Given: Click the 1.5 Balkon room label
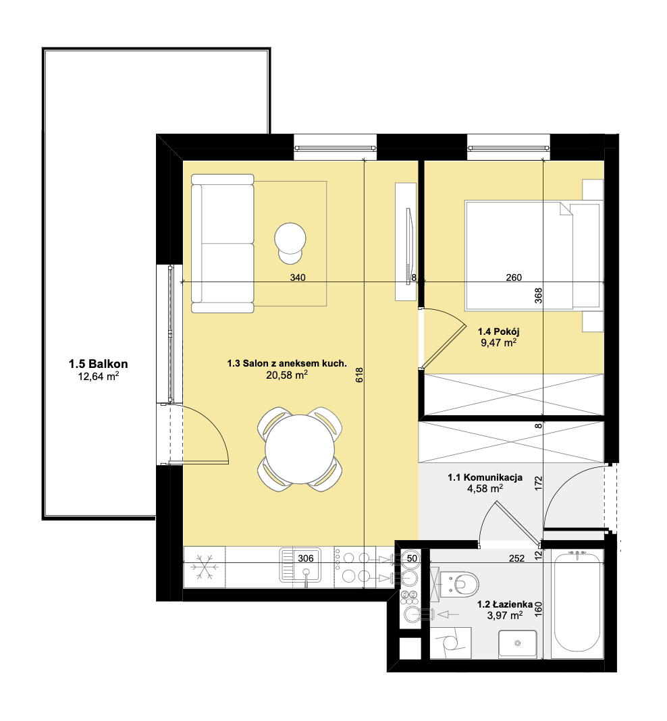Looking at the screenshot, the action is [x=99, y=364].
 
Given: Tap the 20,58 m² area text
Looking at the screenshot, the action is [x=287, y=375].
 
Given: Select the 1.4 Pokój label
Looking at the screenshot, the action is [x=499, y=331].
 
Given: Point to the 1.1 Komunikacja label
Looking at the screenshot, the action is [x=485, y=477].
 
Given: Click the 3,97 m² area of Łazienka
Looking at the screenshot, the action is [x=505, y=615].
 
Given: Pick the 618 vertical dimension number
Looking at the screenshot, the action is [x=359, y=375].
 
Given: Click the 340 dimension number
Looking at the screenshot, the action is [x=298, y=277].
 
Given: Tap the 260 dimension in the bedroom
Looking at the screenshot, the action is [x=514, y=277].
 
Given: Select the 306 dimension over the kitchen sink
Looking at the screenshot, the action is [x=306, y=558].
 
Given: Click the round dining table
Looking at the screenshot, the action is [x=300, y=449].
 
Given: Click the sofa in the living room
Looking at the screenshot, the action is [x=223, y=244].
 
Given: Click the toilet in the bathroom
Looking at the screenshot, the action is [x=460, y=583].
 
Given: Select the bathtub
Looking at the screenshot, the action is [x=577, y=602].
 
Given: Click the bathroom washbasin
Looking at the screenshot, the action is [x=518, y=644].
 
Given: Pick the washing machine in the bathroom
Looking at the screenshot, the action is [x=451, y=643].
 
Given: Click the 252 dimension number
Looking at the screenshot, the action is [x=516, y=558].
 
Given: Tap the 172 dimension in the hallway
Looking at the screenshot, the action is [x=539, y=484].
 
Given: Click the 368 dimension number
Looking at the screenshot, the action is [x=538, y=295].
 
